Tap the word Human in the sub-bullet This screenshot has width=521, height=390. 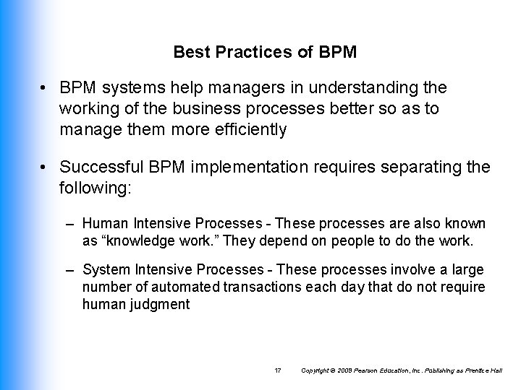click(102, 225)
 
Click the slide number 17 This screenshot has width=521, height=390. click(278, 370)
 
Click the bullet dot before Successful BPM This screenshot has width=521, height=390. click(46, 168)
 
